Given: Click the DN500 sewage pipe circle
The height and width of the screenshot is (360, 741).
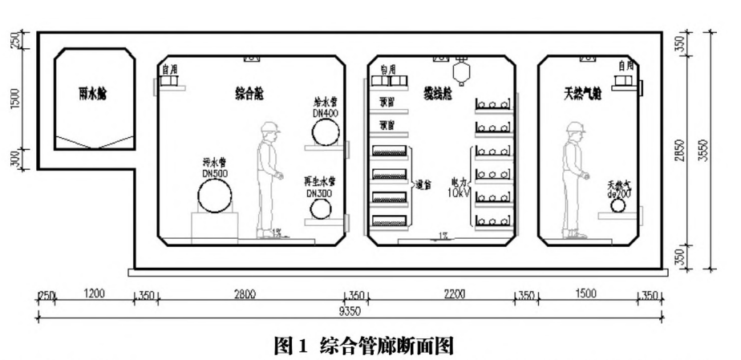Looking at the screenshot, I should (215, 195).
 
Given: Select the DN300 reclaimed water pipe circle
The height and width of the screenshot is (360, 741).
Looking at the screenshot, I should (321, 209).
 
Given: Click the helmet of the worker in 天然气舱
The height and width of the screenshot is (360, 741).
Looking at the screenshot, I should (573, 127).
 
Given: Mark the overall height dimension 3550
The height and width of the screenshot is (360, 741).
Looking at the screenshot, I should (723, 149).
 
